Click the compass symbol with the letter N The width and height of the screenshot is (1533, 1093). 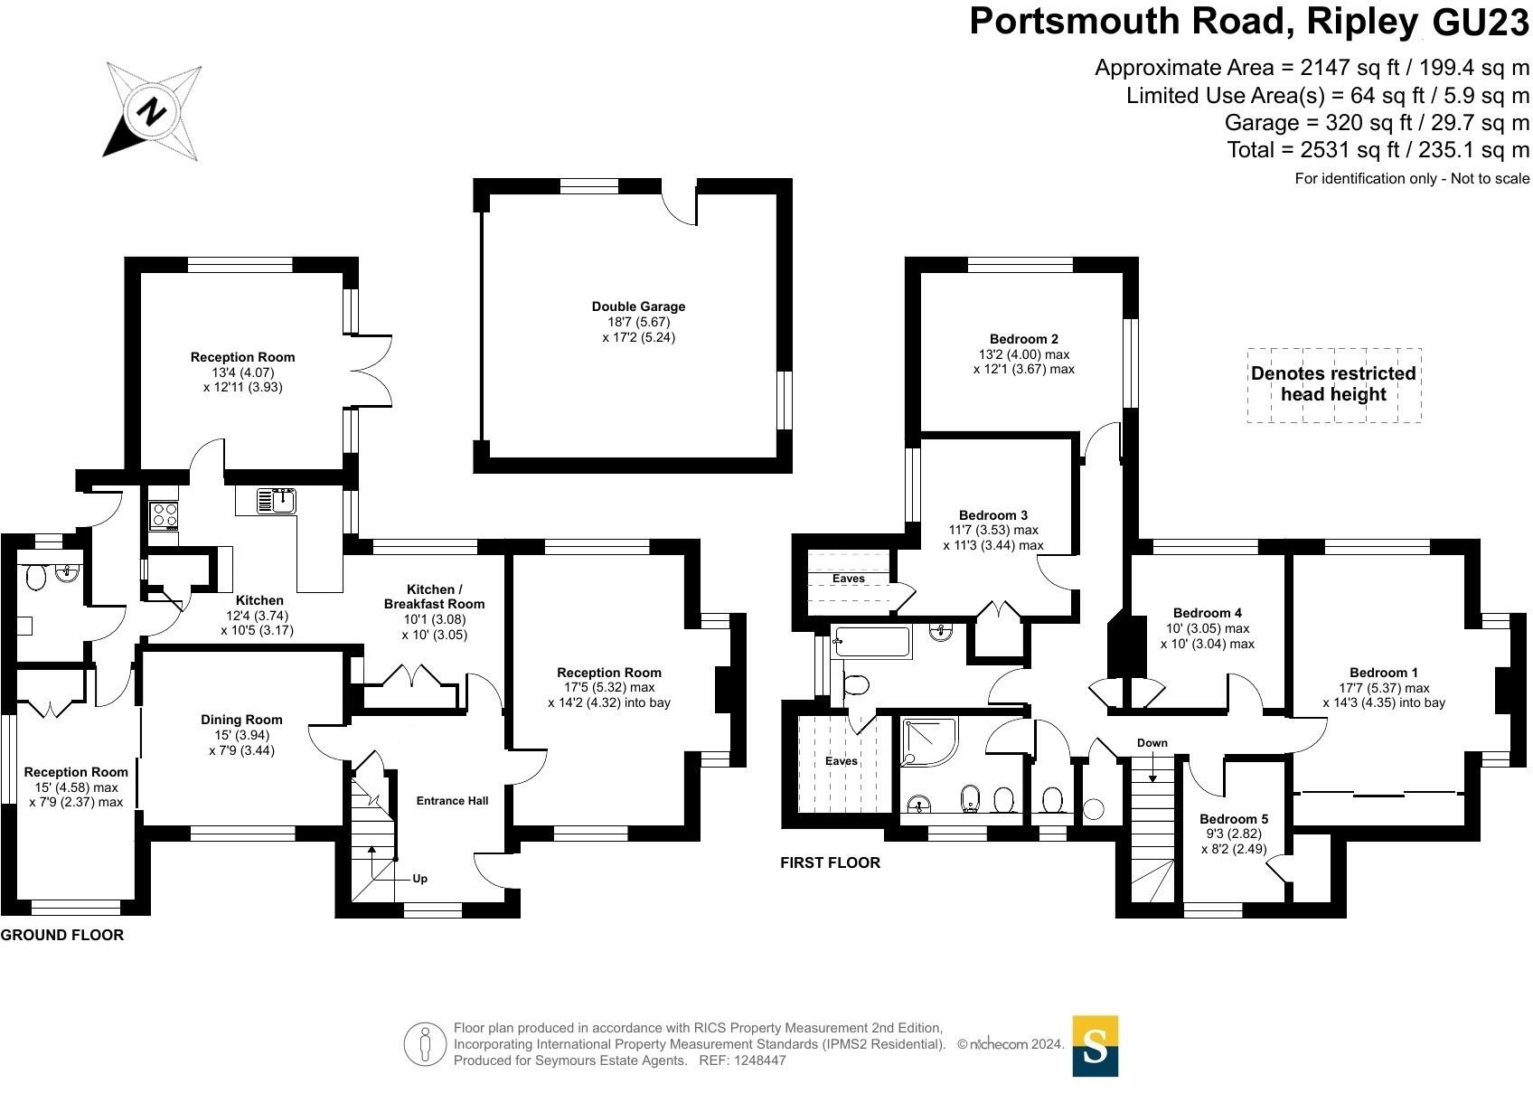pyautogui.click(x=152, y=111)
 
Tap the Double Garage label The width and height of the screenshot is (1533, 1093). pyautogui.click(x=638, y=307)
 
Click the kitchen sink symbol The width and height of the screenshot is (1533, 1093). pyautogui.click(x=277, y=501)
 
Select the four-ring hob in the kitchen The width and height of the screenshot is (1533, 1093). pyautogui.click(x=165, y=515)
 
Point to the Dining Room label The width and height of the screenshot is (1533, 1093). pyautogui.click(x=241, y=720)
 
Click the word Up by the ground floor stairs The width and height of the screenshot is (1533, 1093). pyautogui.click(x=419, y=879)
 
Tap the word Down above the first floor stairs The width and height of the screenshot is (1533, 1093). pyautogui.click(x=1152, y=743)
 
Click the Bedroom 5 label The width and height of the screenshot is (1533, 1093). pyautogui.click(x=1233, y=819)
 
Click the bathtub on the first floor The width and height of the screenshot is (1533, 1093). pyautogui.click(x=872, y=642)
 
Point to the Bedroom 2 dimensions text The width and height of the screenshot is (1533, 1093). pyautogui.click(x=1023, y=362)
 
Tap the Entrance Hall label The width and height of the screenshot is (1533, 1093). pyautogui.click(x=452, y=801)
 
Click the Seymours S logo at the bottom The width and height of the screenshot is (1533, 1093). pyautogui.click(x=1095, y=1046)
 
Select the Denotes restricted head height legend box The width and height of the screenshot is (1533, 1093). pyautogui.click(x=1333, y=385)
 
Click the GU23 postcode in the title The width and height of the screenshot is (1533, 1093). pyautogui.click(x=1480, y=22)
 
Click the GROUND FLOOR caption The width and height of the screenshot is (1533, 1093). pyautogui.click(x=61, y=935)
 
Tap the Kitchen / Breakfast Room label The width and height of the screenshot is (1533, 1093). pyautogui.click(x=434, y=597)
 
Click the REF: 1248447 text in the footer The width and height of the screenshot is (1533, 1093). pyautogui.click(x=742, y=1060)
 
